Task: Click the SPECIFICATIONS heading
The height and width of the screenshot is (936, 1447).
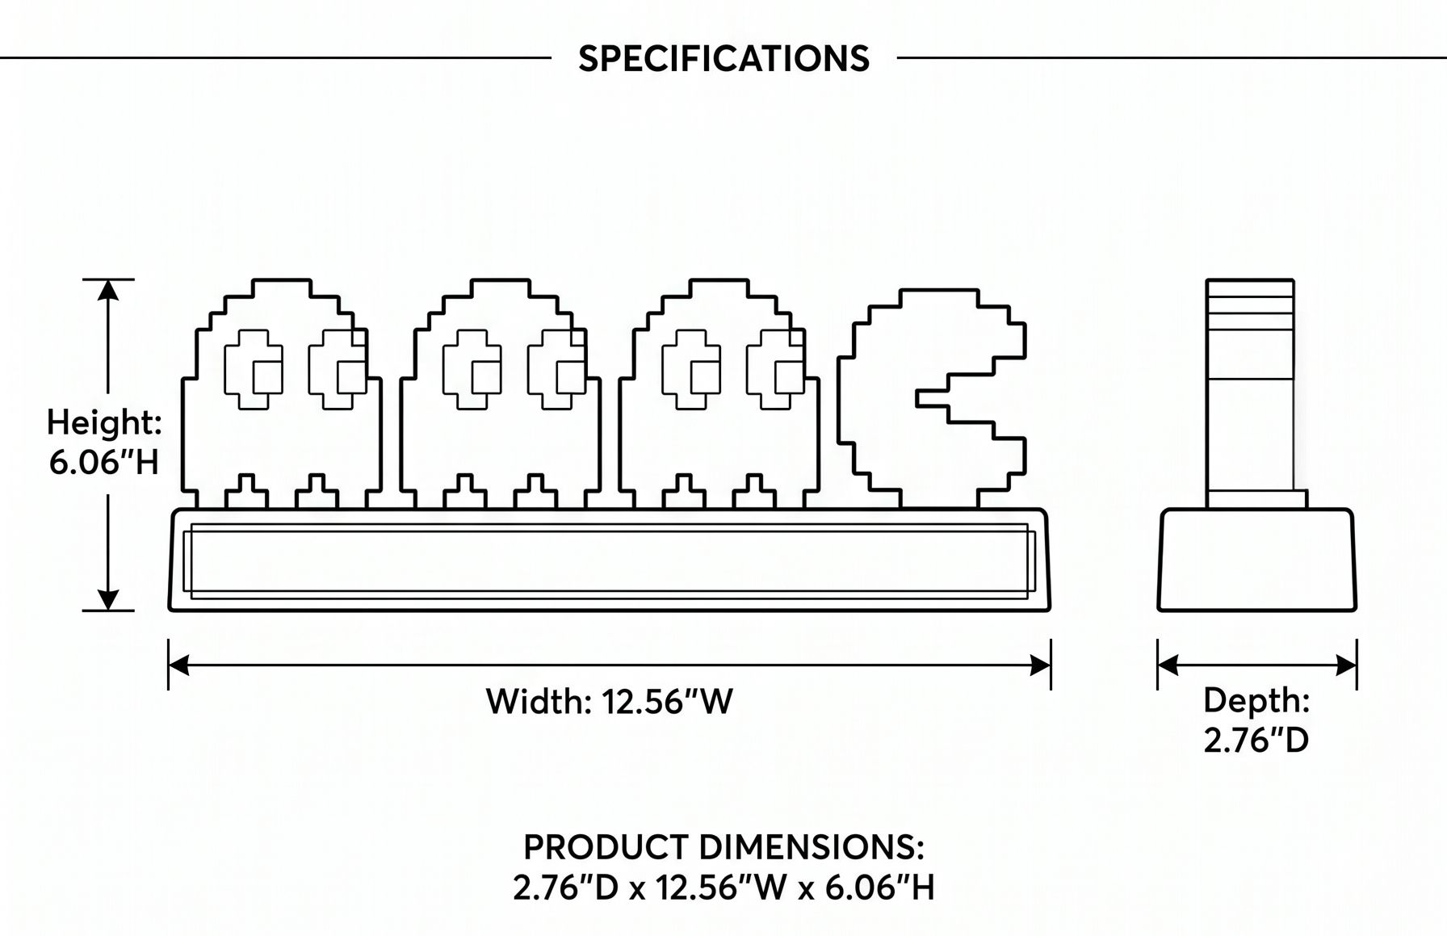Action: click(x=723, y=59)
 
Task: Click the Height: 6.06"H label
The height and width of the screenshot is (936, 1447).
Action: click(x=104, y=442)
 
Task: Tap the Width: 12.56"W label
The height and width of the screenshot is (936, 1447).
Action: click(x=610, y=701)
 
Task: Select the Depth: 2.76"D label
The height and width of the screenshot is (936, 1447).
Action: click(x=1256, y=720)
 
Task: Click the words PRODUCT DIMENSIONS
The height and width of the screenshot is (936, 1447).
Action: click(x=723, y=847)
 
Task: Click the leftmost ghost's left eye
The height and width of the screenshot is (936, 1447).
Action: click(x=254, y=369)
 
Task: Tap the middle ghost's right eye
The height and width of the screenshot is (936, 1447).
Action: click(x=557, y=369)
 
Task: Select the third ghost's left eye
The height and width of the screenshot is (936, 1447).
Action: click(x=691, y=369)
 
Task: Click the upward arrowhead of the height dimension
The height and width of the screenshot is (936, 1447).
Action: click(x=108, y=290)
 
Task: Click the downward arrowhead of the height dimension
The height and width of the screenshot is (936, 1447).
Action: click(x=108, y=599)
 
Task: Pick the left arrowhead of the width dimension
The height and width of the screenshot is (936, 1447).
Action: click(x=178, y=665)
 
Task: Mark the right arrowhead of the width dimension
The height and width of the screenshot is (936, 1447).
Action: click(x=1041, y=665)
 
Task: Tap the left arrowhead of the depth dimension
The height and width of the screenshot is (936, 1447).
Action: click(x=1168, y=665)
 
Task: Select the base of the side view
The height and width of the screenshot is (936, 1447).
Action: click(x=1257, y=560)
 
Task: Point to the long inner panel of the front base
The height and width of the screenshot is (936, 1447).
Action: click(x=610, y=561)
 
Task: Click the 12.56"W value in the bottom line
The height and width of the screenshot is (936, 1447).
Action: click(x=721, y=888)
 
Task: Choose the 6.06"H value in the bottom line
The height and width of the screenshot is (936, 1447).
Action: click(x=879, y=888)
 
